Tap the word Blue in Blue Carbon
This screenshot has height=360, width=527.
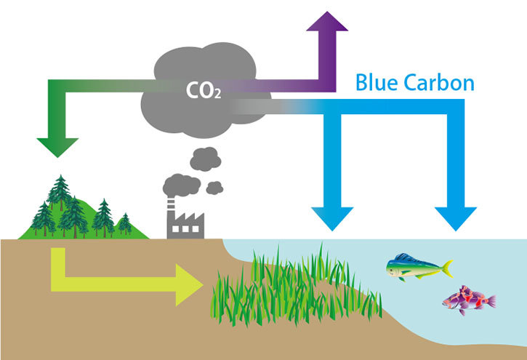379,82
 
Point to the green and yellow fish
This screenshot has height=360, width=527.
414,266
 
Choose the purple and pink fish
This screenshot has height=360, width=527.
468,298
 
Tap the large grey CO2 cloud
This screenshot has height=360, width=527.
211,80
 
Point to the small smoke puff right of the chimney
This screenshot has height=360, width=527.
214,187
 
